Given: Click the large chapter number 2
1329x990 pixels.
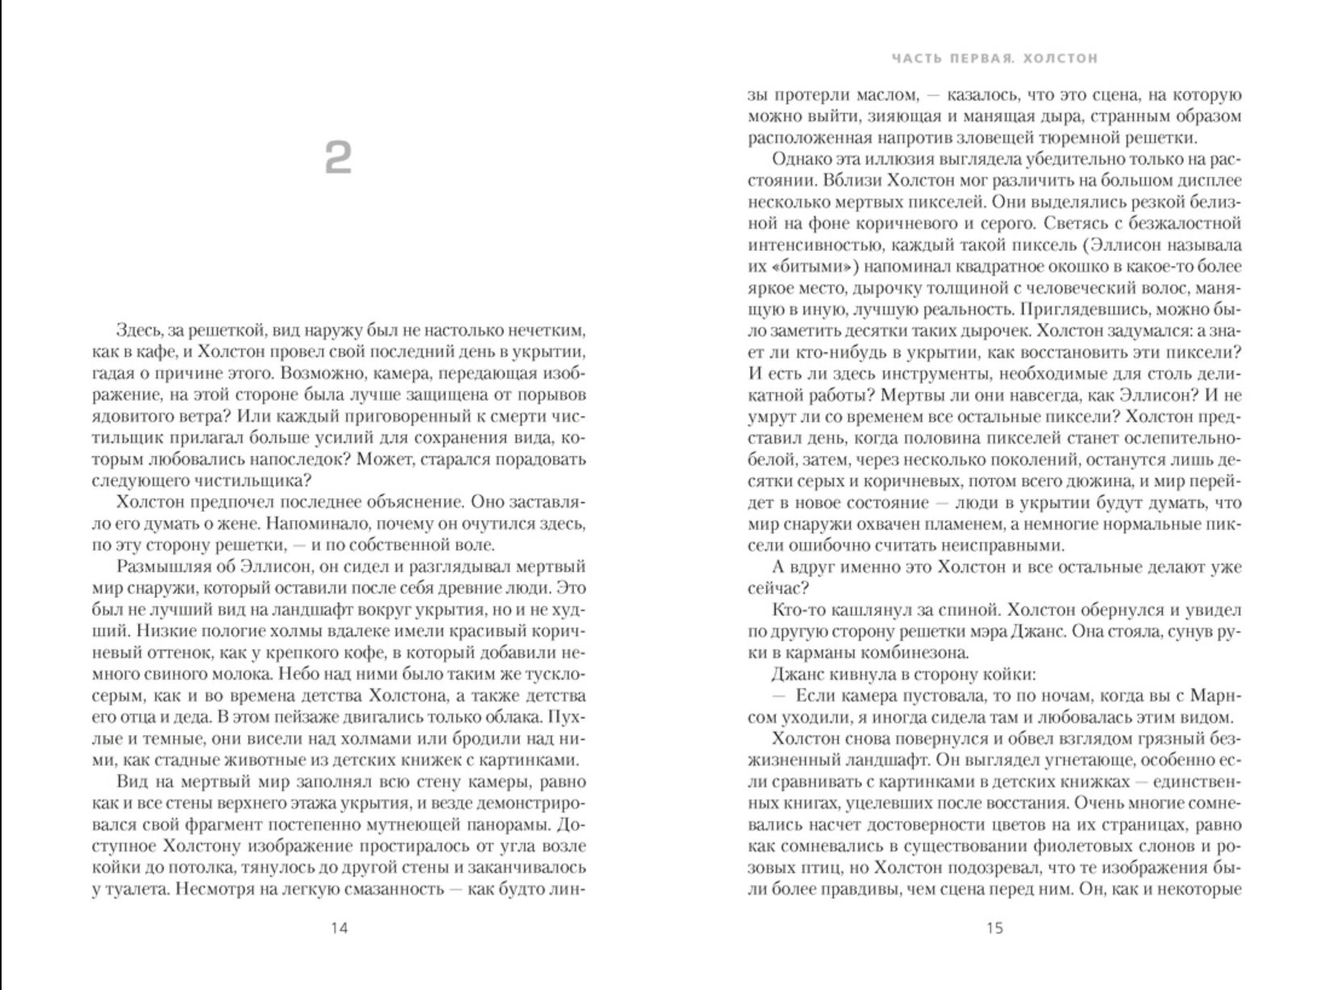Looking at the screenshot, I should (x=339, y=158).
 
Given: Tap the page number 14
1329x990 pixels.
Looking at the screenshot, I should (x=340, y=928).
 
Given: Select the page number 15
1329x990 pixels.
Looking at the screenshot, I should (x=995, y=928).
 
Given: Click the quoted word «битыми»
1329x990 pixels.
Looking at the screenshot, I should (x=810, y=266).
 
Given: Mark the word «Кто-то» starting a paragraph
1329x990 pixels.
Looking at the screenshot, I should (x=799, y=609).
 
